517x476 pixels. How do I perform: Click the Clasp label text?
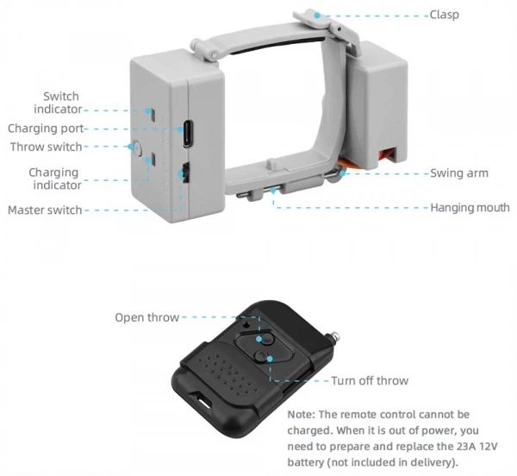[444, 15]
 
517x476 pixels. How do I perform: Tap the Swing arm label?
[458, 173]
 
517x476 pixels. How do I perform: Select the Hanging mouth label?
[470, 208]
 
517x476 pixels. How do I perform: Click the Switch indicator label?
[58, 103]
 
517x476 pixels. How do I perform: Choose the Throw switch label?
[47, 147]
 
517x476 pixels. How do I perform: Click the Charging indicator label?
[54, 178]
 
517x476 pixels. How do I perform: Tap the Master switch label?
[45, 210]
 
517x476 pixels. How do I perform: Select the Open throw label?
[147, 317]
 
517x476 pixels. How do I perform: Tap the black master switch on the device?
[183, 174]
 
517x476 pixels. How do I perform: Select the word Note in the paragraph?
[301, 414]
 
